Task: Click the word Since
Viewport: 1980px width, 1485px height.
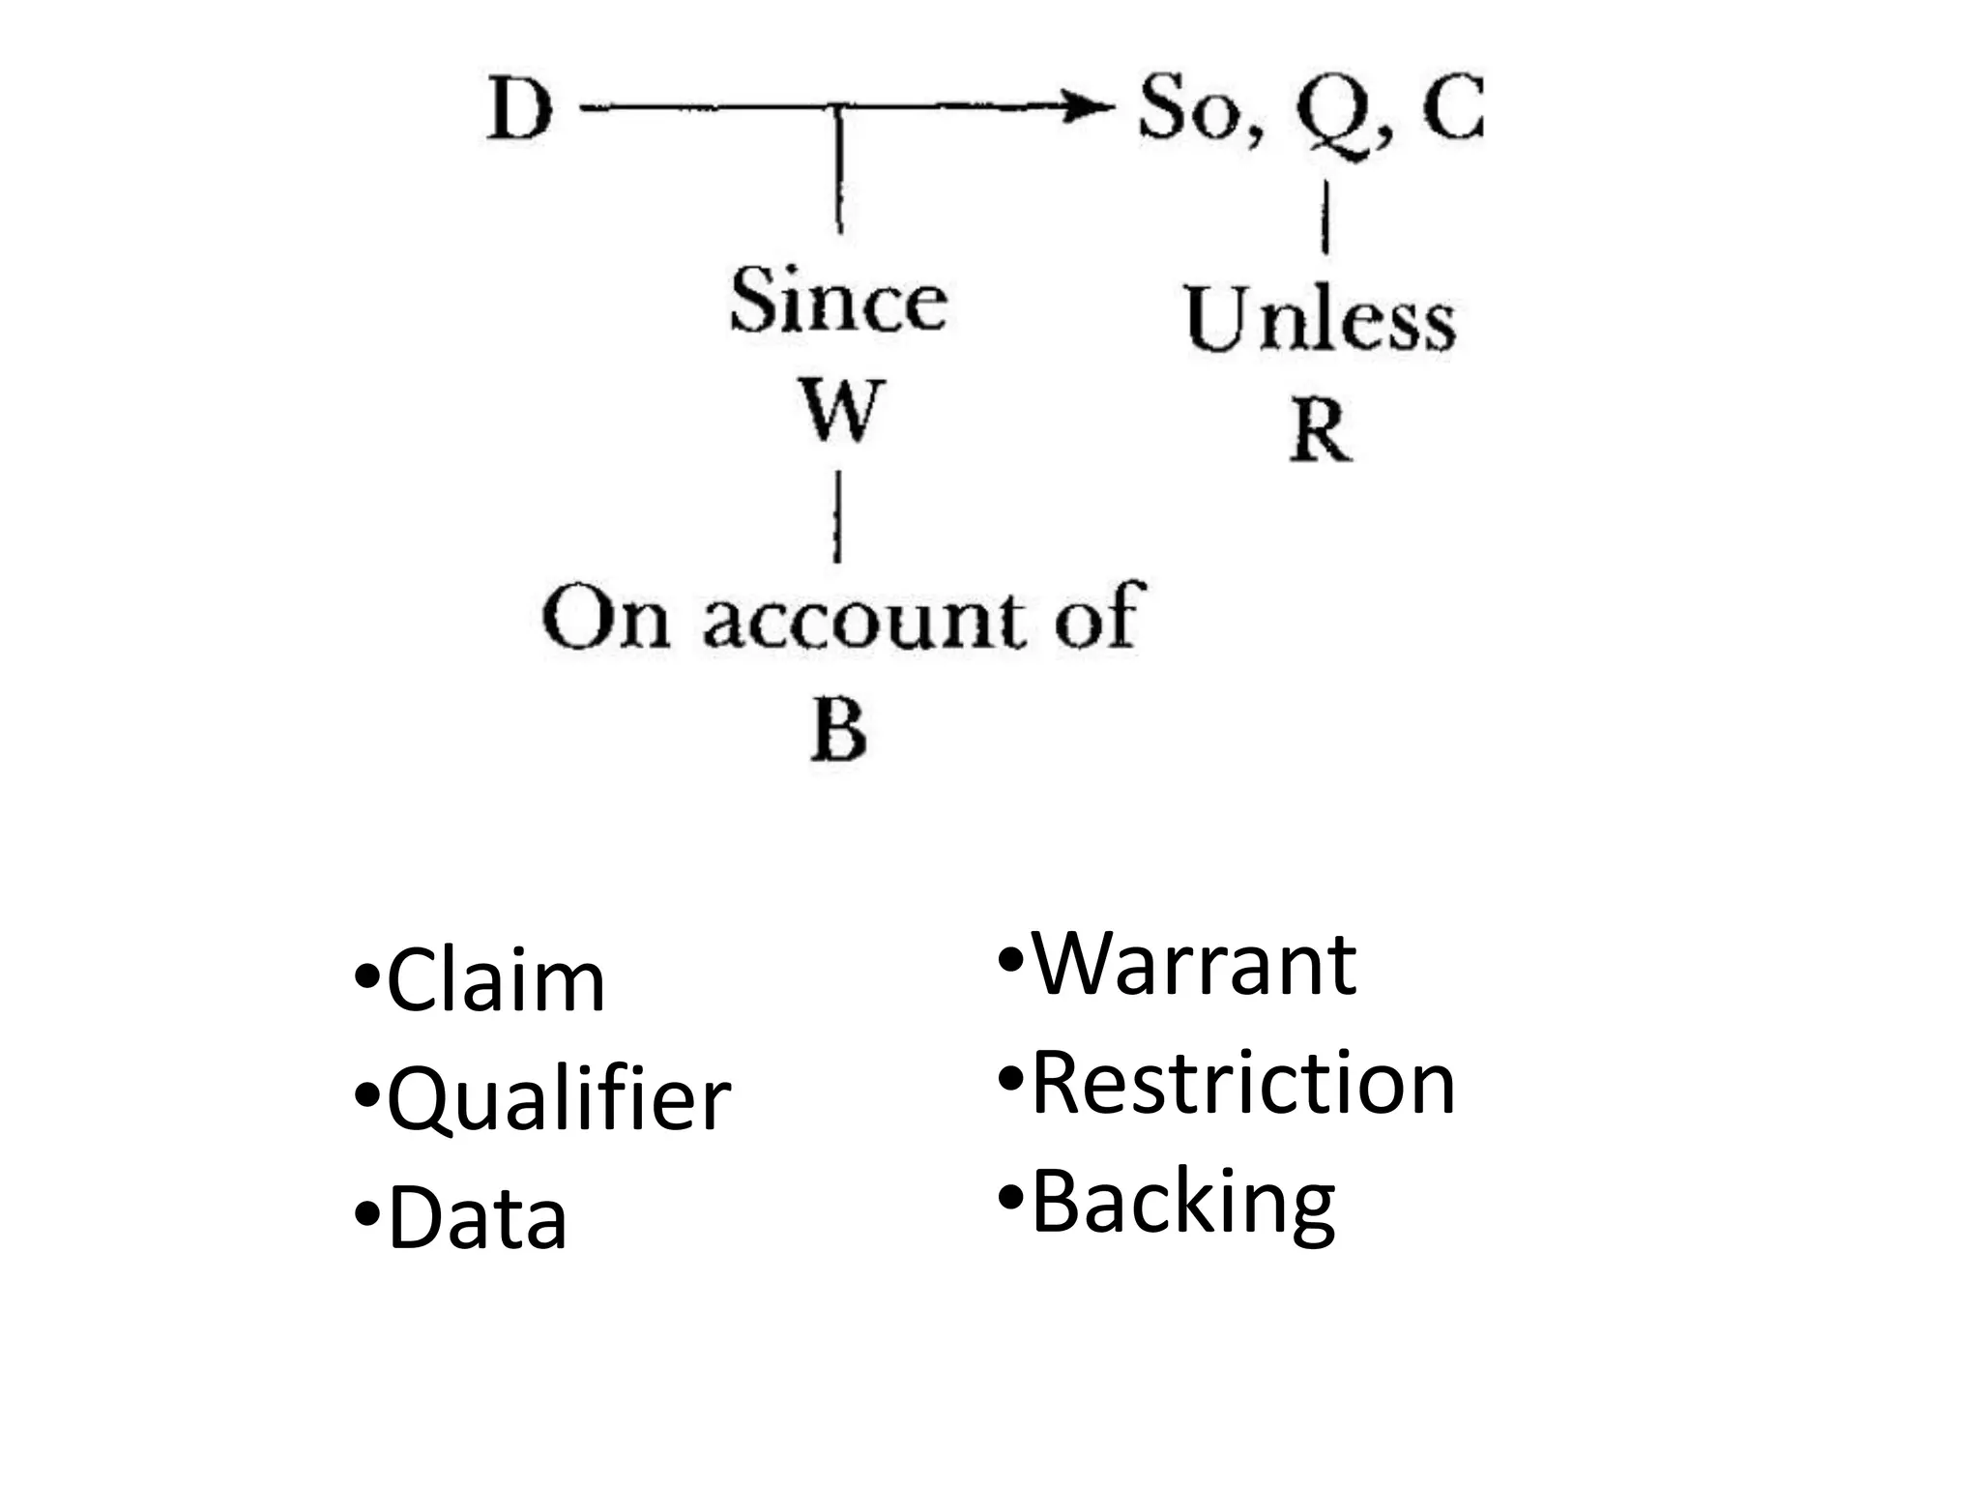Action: click(x=838, y=301)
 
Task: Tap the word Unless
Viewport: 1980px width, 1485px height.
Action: click(x=1320, y=319)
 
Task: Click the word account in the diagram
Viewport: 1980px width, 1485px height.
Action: click(x=861, y=619)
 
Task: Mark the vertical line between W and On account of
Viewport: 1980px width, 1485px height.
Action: click(x=837, y=517)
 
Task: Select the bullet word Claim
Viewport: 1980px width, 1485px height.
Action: click(x=495, y=982)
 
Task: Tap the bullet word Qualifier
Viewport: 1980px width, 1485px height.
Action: click(x=558, y=1099)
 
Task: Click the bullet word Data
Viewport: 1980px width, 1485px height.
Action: click(x=477, y=1219)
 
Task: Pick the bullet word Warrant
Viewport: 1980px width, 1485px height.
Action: click(x=1194, y=964)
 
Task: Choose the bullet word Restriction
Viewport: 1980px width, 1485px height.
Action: click(x=1242, y=1083)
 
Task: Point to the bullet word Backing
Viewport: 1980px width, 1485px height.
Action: click(x=1182, y=1202)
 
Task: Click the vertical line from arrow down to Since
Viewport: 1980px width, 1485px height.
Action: click(x=839, y=169)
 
